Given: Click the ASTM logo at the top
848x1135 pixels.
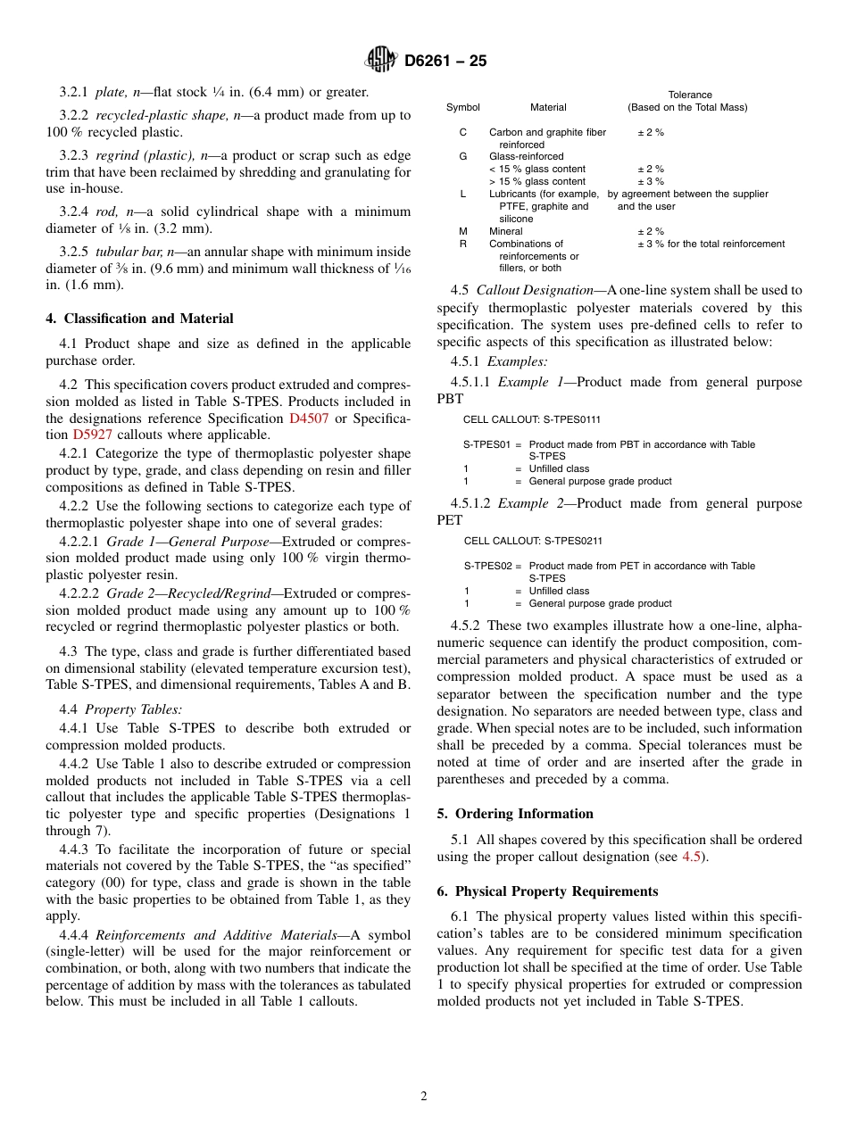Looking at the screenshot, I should pos(381,61).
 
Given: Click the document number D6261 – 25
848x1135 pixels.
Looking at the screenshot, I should pos(445,62).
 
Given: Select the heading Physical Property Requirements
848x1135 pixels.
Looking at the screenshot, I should pos(556,891).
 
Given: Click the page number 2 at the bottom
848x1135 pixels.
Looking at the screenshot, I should pos(424,1097).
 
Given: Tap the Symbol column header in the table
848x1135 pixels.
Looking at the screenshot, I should pos(462,107).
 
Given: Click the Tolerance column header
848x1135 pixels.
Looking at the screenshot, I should pos(689,95).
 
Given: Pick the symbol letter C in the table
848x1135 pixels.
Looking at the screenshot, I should pos(462,132).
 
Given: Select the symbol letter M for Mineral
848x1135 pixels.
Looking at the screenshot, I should pos(462,231).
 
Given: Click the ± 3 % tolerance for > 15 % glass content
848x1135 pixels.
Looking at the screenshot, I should pos(650,181).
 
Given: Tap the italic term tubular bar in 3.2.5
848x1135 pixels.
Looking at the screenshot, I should pos(129,252).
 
